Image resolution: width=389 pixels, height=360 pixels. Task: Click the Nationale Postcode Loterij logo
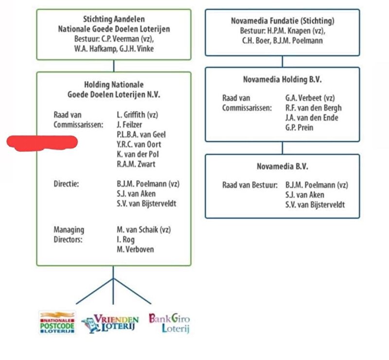(x=57, y=323)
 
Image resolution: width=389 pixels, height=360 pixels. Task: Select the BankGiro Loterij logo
(x=169, y=323)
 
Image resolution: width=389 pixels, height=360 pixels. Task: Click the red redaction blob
(x=42, y=143)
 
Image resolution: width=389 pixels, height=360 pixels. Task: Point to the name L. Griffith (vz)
(x=138, y=115)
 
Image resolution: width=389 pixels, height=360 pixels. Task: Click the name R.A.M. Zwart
(x=136, y=164)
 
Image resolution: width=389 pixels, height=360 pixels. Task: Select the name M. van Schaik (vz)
(x=144, y=230)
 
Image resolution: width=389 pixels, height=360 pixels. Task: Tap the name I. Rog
(x=126, y=240)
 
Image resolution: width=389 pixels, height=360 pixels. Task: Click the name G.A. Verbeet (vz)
(x=310, y=98)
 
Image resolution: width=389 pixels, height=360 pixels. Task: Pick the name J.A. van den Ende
(x=312, y=118)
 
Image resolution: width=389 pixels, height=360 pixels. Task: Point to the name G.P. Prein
(x=299, y=127)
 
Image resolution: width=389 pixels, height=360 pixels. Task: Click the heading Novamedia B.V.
(x=283, y=166)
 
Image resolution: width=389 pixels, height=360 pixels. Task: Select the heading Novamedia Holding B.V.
(x=283, y=79)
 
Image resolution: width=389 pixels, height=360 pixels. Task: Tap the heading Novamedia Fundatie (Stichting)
(x=283, y=21)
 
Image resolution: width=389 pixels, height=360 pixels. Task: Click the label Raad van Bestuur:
(x=250, y=185)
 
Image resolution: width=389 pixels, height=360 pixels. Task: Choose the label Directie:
(x=66, y=184)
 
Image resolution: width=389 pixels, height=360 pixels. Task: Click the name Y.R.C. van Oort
(x=139, y=144)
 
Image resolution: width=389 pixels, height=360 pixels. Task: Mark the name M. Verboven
(x=136, y=249)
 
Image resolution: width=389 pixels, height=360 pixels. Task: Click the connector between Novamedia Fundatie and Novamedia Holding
(x=283, y=62)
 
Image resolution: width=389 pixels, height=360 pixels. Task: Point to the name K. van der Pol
(x=138, y=154)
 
